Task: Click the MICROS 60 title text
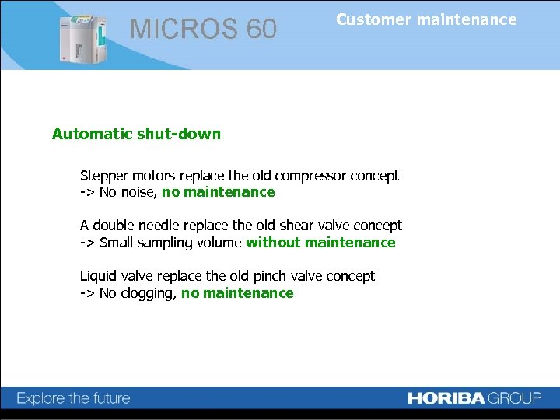(x=203, y=30)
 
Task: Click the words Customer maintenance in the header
(x=426, y=20)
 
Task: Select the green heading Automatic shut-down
(x=136, y=134)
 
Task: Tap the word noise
(x=137, y=192)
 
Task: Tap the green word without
(x=273, y=243)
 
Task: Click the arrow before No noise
(x=87, y=192)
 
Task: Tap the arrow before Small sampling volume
(x=87, y=243)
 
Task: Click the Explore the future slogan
(x=74, y=399)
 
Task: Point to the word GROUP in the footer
(x=515, y=398)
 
